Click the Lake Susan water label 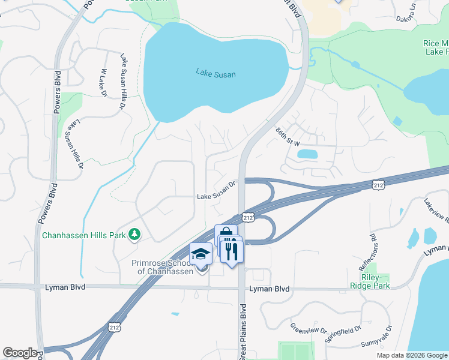click(x=215, y=74)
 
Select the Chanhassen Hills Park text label click(x=84, y=235)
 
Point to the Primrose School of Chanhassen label click(x=164, y=266)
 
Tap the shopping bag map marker click(x=225, y=234)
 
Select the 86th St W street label click(x=288, y=138)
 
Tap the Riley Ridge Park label click(x=372, y=281)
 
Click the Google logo click(x=20, y=353)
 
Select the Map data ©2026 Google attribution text click(x=411, y=355)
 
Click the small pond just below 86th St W click(x=307, y=154)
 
